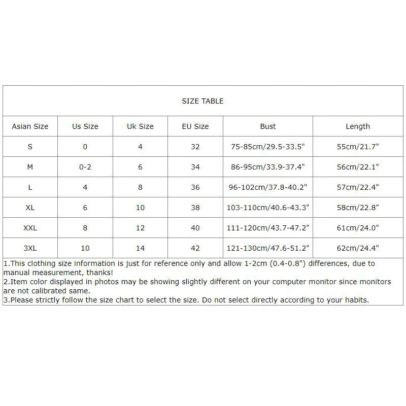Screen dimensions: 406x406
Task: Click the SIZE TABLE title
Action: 202,101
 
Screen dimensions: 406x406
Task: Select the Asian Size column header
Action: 30,126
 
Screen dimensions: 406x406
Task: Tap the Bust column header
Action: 268,126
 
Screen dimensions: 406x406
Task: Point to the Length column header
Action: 358,126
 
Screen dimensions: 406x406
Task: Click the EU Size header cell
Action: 195,126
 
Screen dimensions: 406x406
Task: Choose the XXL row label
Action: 30,228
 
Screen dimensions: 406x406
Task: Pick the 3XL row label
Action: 30,248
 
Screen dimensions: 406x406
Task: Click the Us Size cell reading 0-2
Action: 85,167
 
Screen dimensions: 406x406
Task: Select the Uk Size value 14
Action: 140,248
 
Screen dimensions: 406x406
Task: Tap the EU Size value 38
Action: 195,208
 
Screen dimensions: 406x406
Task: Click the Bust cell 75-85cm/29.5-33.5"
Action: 268,147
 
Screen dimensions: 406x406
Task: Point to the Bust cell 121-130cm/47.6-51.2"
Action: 268,248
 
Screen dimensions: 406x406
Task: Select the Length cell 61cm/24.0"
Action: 358,228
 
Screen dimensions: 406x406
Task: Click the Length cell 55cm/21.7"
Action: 358,147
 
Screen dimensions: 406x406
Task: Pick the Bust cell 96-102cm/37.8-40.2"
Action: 268,187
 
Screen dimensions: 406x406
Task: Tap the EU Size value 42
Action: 195,248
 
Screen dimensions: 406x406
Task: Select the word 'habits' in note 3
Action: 356,300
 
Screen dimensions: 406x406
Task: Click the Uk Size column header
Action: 140,126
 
